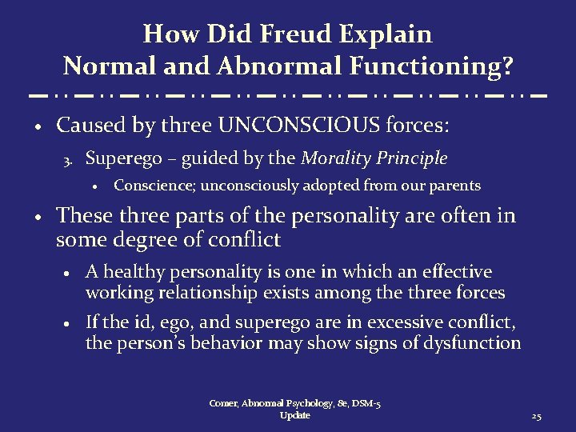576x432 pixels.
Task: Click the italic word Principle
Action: click(417, 158)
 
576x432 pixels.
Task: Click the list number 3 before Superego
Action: click(69, 160)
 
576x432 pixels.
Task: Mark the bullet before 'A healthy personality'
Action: click(70, 274)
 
